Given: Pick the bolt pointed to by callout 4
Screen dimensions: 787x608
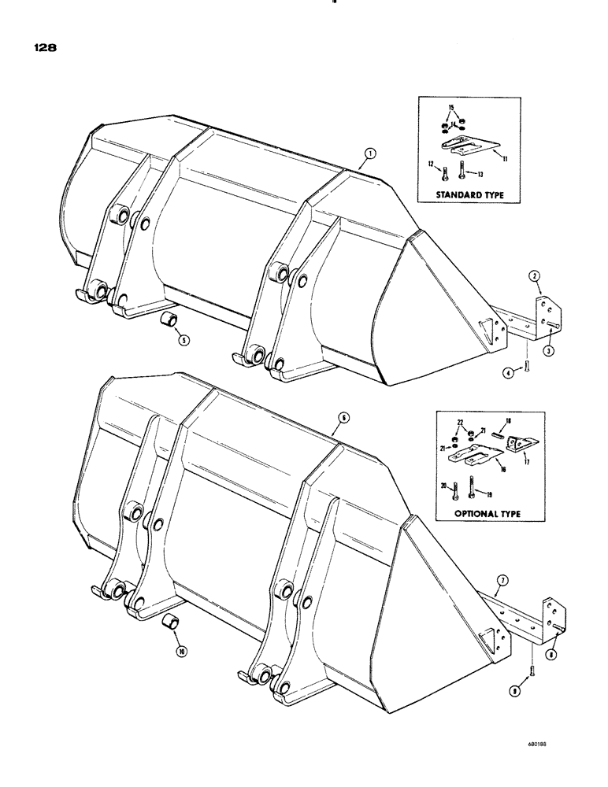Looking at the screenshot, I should [527, 361].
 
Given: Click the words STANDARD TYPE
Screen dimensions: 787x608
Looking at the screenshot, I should [465, 212].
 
